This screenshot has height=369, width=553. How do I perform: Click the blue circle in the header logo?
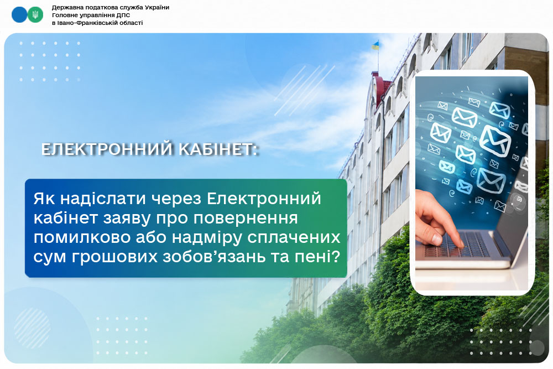click(19, 15)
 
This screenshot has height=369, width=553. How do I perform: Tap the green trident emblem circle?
click(35, 15)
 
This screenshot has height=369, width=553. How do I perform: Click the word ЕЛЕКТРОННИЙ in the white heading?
click(108, 149)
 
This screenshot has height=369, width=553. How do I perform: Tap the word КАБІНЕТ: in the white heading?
click(218, 149)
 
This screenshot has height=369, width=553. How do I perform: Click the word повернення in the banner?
click(246, 219)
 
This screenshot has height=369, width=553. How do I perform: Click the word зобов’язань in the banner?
click(213, 257)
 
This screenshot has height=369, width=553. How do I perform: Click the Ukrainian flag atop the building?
click(375, 45)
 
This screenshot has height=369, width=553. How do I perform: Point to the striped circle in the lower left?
click(32, 328)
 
